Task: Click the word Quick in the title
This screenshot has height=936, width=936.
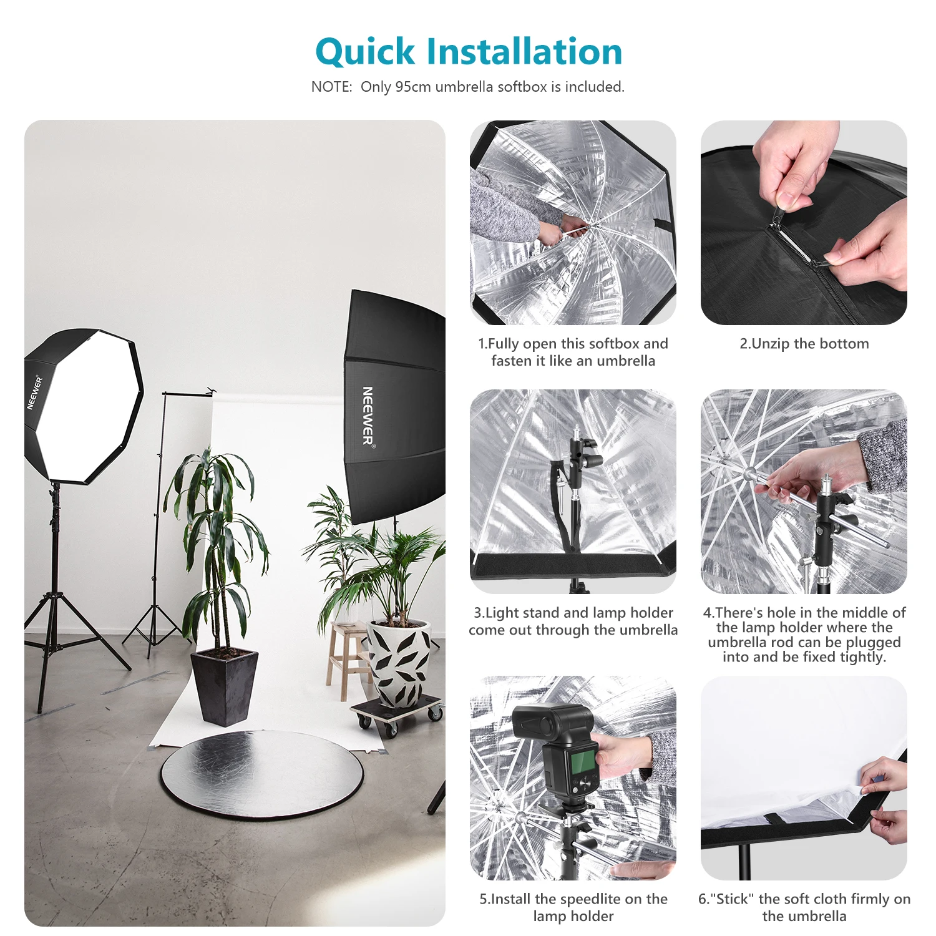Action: click(x=365, y=52)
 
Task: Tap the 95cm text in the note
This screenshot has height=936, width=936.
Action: click(x=412, y=87)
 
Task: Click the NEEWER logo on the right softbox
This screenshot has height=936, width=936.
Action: click(x=368, y=416)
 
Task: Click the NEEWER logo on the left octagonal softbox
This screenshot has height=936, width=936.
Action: click(x=34, y=392)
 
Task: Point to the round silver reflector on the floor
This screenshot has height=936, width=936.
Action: click(x=262, y=774)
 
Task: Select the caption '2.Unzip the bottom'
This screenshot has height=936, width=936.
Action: click(x=804, y=344)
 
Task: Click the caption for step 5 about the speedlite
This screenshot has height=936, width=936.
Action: click(x=573, y=907)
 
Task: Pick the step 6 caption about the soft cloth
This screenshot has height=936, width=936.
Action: click(x=804, y=907)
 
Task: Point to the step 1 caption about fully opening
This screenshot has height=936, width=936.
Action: click(x=573, y=352)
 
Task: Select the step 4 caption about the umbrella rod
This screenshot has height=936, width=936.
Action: click(x=804, y=635)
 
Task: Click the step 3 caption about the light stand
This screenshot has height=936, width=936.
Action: click(x=573, y=621)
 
